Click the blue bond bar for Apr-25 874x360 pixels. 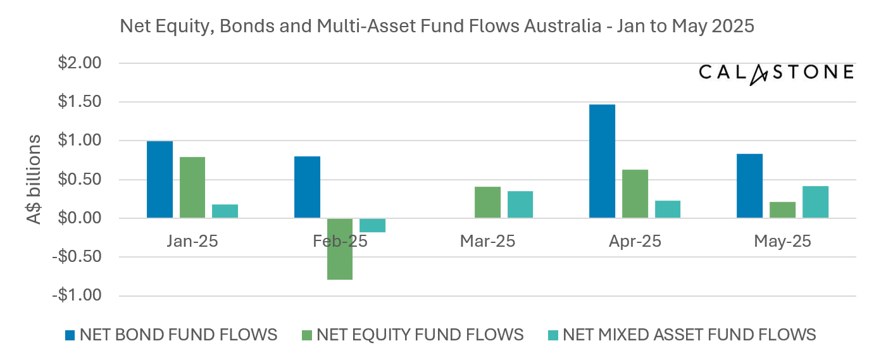602,161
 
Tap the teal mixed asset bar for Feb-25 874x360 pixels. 372,225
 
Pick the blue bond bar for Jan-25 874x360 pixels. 159,180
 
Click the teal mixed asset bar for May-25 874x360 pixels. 815,202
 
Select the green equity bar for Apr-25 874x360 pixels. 635,194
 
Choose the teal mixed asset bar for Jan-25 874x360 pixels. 225,211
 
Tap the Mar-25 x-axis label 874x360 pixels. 487,242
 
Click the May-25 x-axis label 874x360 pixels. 783,242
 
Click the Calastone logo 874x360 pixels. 776,73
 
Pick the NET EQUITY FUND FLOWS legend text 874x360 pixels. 420,335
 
